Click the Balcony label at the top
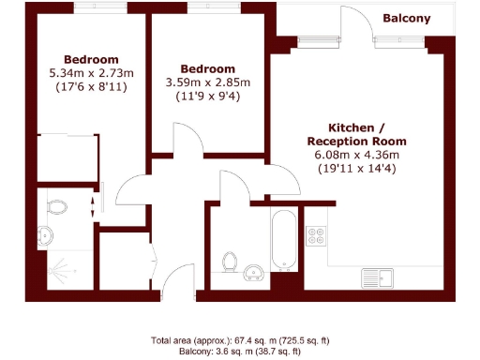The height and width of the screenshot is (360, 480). [406, 18]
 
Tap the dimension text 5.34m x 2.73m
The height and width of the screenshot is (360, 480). [92, 72]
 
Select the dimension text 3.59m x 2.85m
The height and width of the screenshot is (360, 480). [206, 82]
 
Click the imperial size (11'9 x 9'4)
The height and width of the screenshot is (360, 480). [206, 96]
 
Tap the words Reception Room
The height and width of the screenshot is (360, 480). [354, 141]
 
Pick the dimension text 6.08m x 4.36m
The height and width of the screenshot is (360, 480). [355, 155]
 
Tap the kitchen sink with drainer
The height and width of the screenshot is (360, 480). [382, 277]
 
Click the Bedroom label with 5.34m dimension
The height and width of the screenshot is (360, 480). [91, 58]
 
